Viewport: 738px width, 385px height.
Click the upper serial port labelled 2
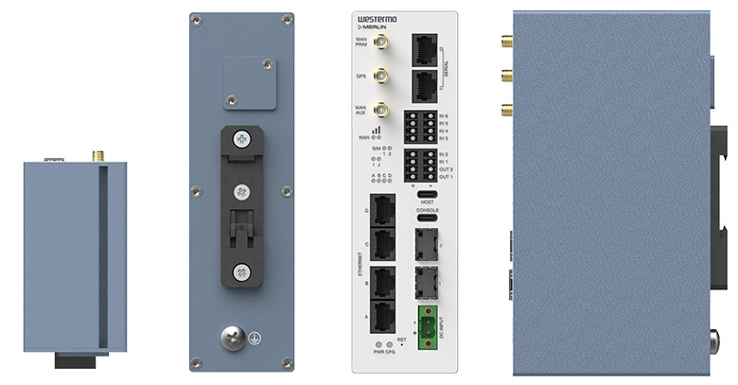(x=426, y=48)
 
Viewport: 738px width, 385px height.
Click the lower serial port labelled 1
(x=426, y=85)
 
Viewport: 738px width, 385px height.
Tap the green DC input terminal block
(x=428, y=324)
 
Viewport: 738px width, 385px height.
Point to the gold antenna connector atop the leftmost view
(x=97, y=154)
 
